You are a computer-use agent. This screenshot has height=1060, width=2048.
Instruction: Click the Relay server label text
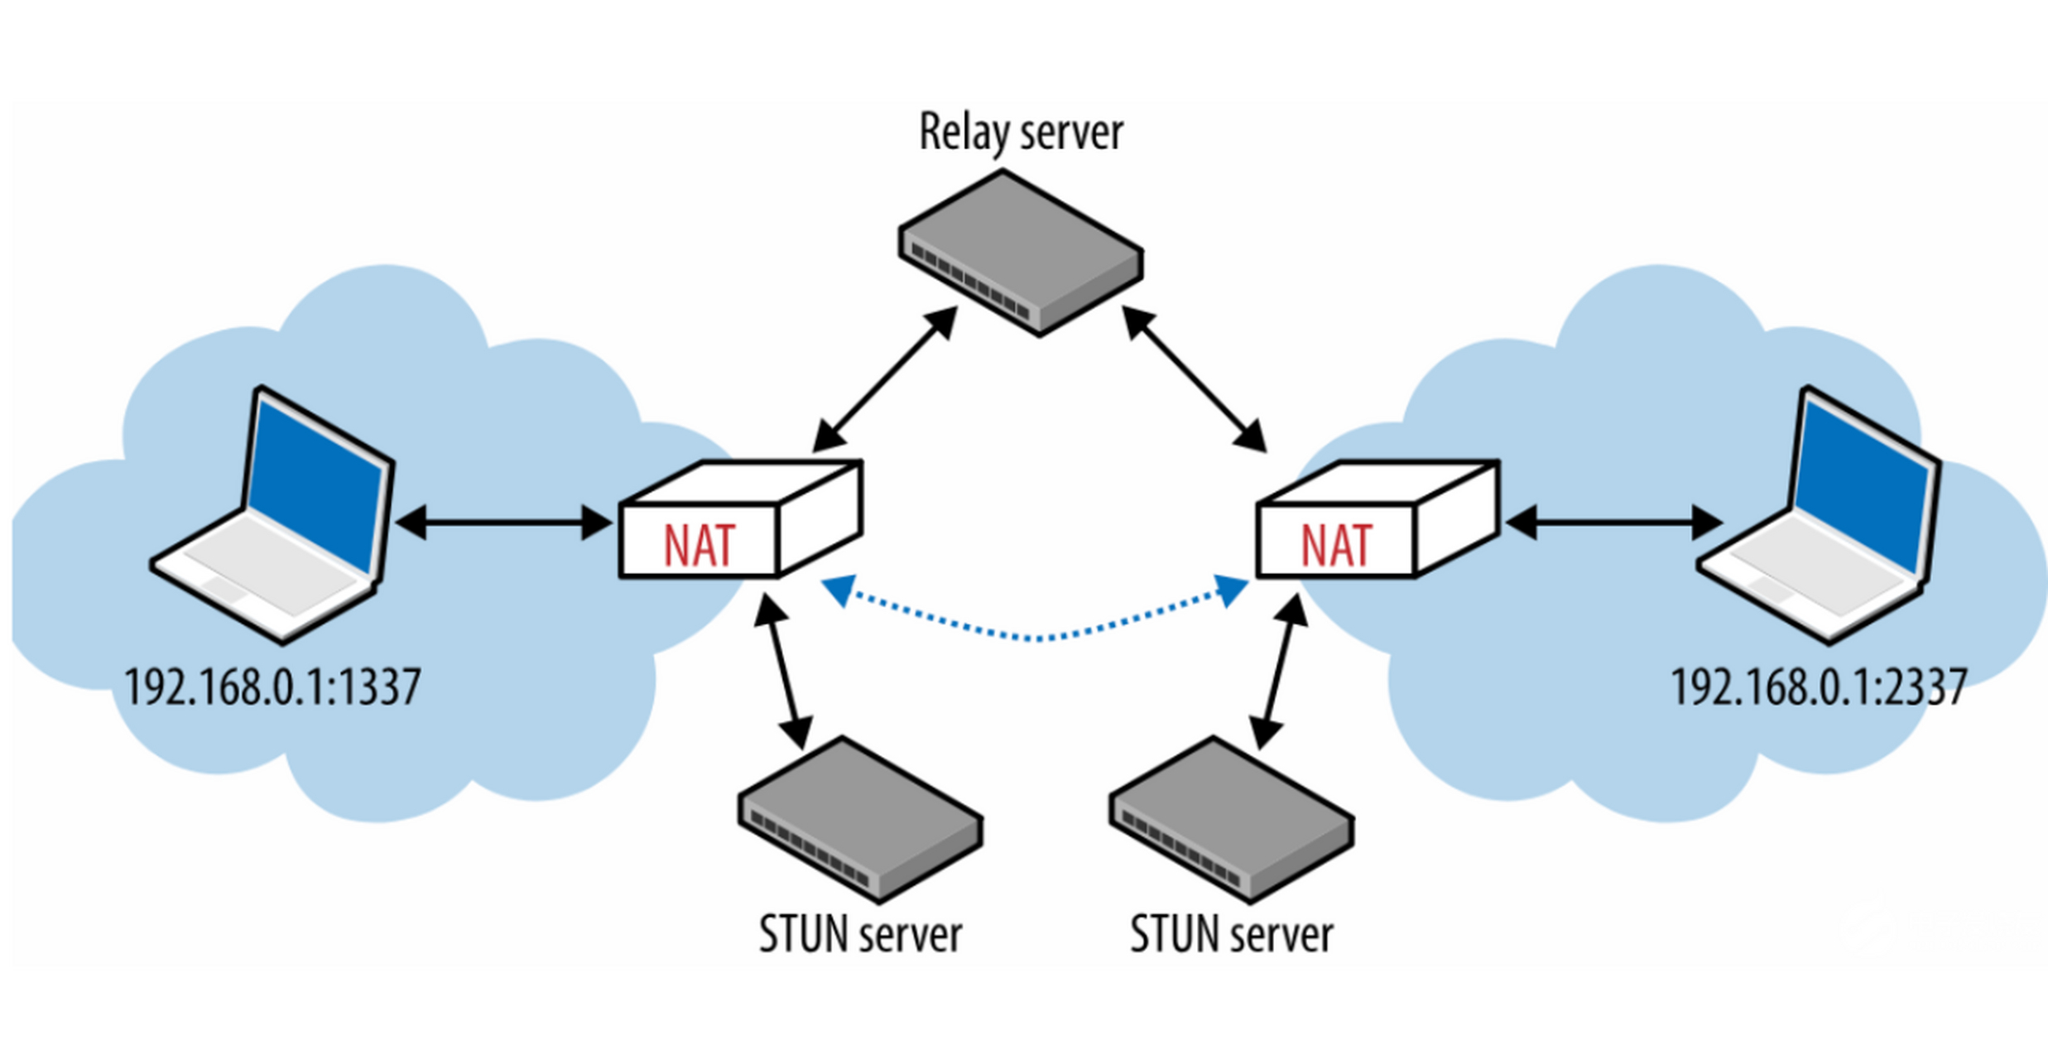[1021, 132]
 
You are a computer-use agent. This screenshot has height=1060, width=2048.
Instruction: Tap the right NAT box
[1377, 522]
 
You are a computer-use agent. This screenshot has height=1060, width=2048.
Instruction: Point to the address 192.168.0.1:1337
[272, 687]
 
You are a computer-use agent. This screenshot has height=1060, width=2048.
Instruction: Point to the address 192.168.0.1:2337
[1818, 687]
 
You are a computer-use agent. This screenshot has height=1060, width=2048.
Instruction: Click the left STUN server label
[860, 935]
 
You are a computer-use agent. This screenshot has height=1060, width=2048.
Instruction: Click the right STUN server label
[1231, 935]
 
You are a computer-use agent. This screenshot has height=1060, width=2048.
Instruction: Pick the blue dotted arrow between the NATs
[1035, 636]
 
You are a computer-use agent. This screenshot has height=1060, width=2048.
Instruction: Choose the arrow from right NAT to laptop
[1614, 523]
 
